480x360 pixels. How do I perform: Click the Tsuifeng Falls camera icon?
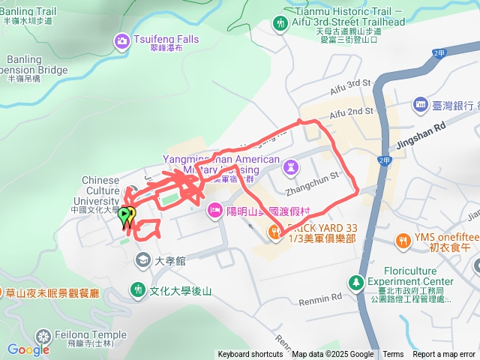[121, 40]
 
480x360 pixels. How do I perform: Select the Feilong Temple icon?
[43, 336]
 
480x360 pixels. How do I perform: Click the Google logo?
[28, 349]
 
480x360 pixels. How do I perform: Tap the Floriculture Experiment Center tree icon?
[355, 283]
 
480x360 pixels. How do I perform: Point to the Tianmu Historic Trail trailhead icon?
[281, 23]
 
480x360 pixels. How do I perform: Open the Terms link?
[393, 355]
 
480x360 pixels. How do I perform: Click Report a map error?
[444, 355]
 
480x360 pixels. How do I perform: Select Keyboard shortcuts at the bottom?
[250, 355]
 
